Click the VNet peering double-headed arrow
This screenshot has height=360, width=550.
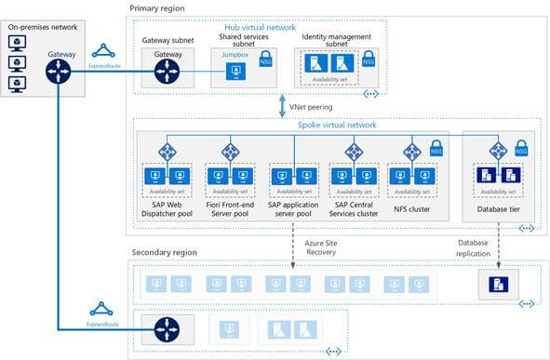(x=280, y=107)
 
